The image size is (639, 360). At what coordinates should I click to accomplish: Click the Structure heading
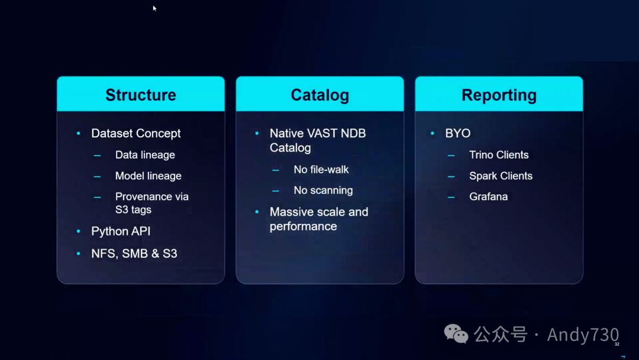[141, 95]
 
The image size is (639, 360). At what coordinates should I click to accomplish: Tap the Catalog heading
[319, 95]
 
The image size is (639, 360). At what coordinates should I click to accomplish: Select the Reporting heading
[499, 95]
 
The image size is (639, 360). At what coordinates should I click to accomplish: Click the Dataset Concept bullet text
[136, 133]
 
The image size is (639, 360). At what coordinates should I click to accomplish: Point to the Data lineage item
[145, 155]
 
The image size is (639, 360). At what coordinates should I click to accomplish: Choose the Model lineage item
[148, 176]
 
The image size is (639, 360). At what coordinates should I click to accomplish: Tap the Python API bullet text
[121, 232]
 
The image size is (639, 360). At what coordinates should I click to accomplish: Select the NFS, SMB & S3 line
[134, 253]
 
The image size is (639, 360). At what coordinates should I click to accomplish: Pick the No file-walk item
[321, 169]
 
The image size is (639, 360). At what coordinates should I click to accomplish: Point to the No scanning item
[323, 191]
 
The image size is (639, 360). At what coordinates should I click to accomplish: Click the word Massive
[291, 212]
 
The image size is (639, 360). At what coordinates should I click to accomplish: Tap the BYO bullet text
[458, 133]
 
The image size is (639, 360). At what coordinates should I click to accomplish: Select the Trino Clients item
[499, 155]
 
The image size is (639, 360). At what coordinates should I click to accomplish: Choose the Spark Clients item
[501, 176]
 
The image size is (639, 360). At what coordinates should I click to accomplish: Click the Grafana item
[488, 197]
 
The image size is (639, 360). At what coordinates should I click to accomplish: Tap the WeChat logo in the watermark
[456, 334]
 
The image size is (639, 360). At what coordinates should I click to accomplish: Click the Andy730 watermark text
[583, 335]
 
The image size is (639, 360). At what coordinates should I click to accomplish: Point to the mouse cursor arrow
[154, 8]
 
